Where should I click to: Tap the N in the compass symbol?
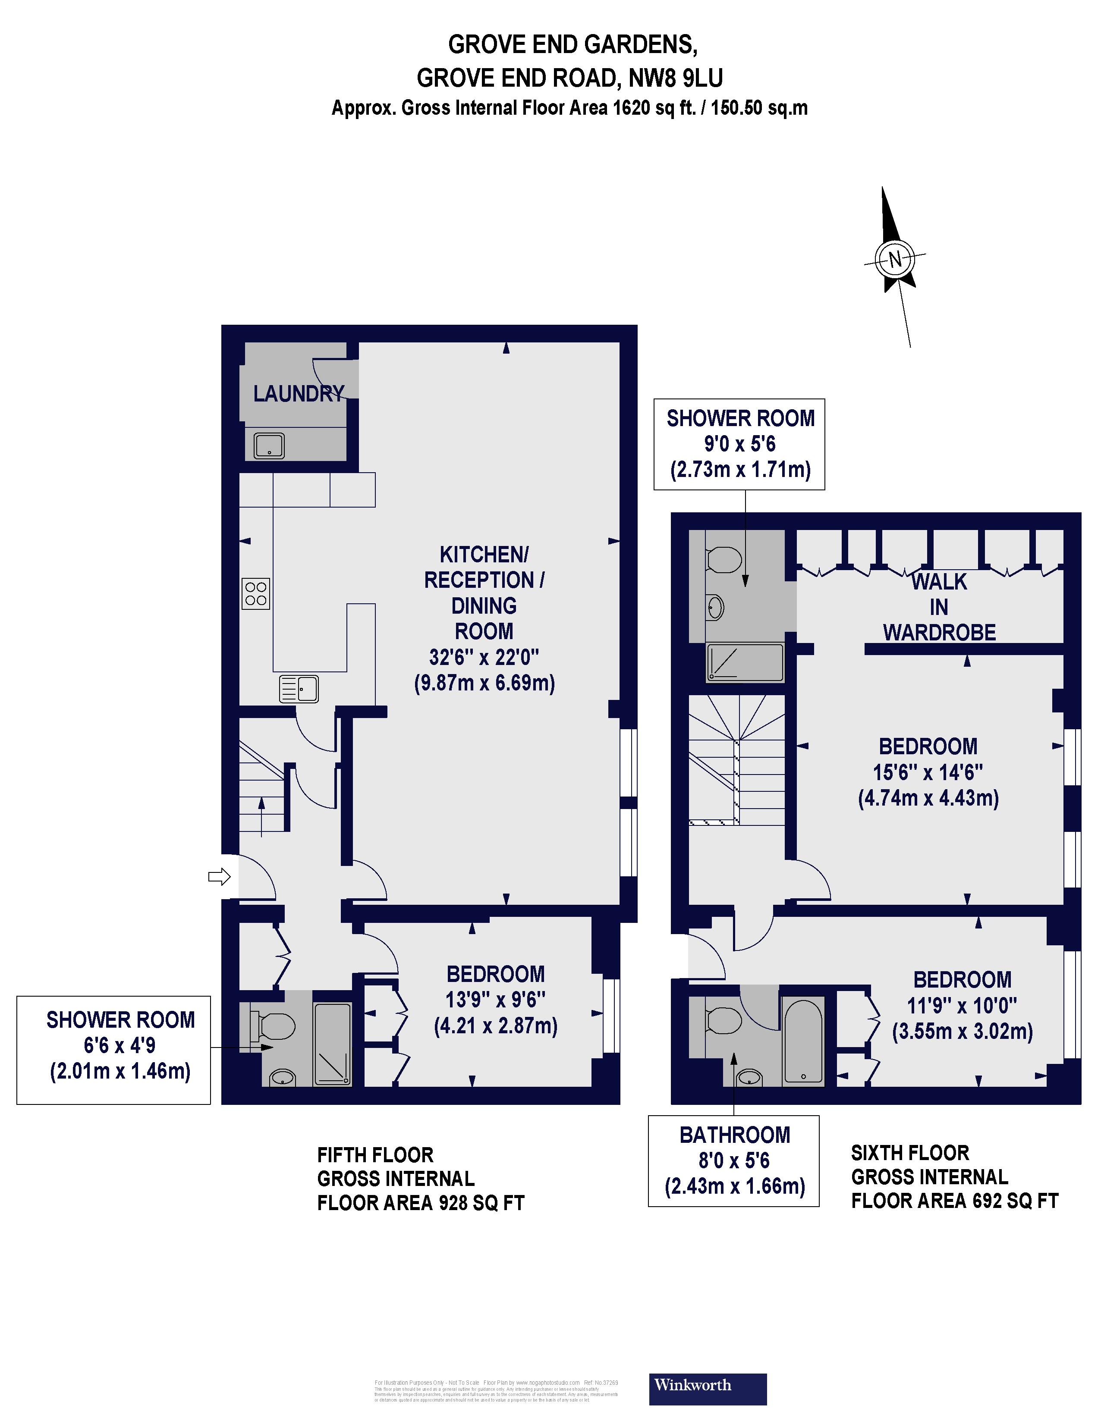(x=894, y=260)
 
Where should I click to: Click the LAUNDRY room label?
(x=298, y=394)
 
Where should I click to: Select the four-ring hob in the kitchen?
(x=256, y=593)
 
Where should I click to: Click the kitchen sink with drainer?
(x=299, y=689)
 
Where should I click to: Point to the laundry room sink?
(x=269, y=446)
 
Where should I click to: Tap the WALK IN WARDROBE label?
(x=939, y=607)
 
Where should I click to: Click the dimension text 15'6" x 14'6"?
(x=928, y=773)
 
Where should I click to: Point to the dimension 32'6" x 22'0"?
(x=484, y=657)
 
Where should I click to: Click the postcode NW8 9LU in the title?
(x=675, y=78)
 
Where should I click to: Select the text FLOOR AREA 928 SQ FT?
(x=421, y=1203)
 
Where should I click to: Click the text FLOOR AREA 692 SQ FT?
(x=954, y=1201)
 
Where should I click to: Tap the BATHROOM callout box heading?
(x=734, y=1135)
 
